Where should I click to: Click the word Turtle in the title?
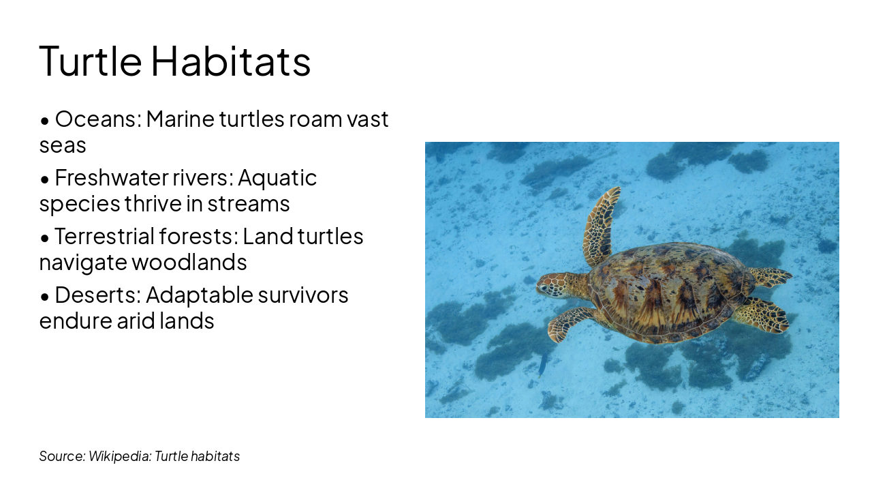(90, 60)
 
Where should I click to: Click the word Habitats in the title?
(231, 60)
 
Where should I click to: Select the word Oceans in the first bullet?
(97, 119)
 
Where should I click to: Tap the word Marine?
(180, 119)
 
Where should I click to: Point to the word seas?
(63, 145)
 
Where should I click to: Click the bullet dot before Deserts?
(45, 297)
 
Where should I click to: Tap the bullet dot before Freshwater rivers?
(45, 179)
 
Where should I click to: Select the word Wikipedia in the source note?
(119, 456)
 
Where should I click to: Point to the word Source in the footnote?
(62, 456)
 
